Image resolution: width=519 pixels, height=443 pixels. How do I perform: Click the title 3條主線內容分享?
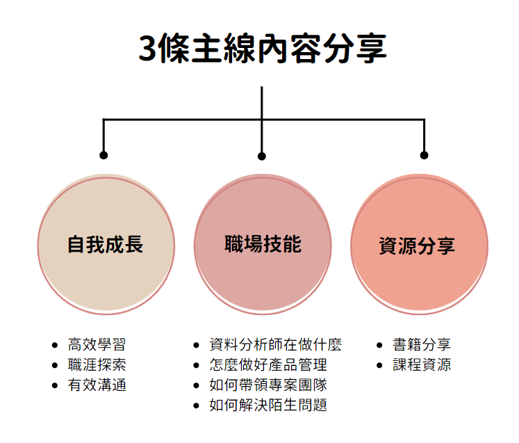[x=262, y=49]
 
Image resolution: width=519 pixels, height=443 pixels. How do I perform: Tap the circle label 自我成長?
[x=105, y=245]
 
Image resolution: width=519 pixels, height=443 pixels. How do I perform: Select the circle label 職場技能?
[x=263, y=244]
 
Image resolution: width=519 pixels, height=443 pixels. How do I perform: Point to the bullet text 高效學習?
[x=97, y=344]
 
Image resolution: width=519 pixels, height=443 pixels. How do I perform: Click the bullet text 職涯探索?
[x=97, y=364]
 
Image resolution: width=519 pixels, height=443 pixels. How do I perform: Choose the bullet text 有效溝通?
[x=97, y=385]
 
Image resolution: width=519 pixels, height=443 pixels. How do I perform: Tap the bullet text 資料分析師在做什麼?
[x=275, y=344]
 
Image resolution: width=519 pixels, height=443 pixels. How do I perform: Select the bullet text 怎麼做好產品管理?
[x=267, y=364]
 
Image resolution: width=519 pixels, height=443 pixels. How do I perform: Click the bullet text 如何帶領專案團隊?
[x=267, y=385]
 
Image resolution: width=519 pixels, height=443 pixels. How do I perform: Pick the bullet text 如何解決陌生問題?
[x=267, y=405]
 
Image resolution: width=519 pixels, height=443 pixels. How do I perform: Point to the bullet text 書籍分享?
[x=422, y=344]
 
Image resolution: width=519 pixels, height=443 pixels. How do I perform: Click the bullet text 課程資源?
[x=422, y=364]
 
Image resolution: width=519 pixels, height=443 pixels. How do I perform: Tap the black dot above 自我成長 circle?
[x=104, y=154]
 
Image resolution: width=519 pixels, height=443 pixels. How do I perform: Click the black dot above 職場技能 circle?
[x=262, y=156]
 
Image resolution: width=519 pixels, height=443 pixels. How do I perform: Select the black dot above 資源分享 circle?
[x=424, y=154]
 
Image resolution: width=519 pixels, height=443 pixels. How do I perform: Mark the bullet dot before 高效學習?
[x=55, y=345]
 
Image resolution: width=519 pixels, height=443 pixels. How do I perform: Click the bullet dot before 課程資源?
[x=380, y=365]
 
